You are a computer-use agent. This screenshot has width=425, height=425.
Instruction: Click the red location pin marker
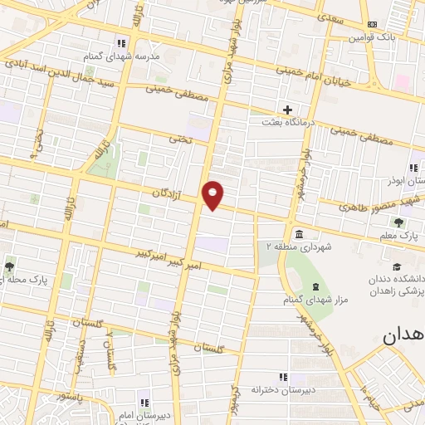[x=213, y=194]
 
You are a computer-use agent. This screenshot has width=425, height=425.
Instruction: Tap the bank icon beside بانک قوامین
[x=372, y=24]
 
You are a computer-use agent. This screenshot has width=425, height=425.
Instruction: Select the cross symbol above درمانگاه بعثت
[x=288, y=110]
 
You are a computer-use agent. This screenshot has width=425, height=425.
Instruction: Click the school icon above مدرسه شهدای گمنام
[x=121, y=42]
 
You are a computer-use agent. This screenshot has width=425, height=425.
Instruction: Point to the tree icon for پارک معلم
[x=399, y=222]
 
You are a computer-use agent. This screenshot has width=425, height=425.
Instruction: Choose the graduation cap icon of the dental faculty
[x=397, y=266]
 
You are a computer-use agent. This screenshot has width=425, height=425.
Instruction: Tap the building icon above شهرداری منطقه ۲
[x=298, y=232]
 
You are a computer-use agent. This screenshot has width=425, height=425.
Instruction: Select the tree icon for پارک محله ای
[x=9, y=266]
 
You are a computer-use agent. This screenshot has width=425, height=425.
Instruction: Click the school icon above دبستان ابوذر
[x=413, y=168]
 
